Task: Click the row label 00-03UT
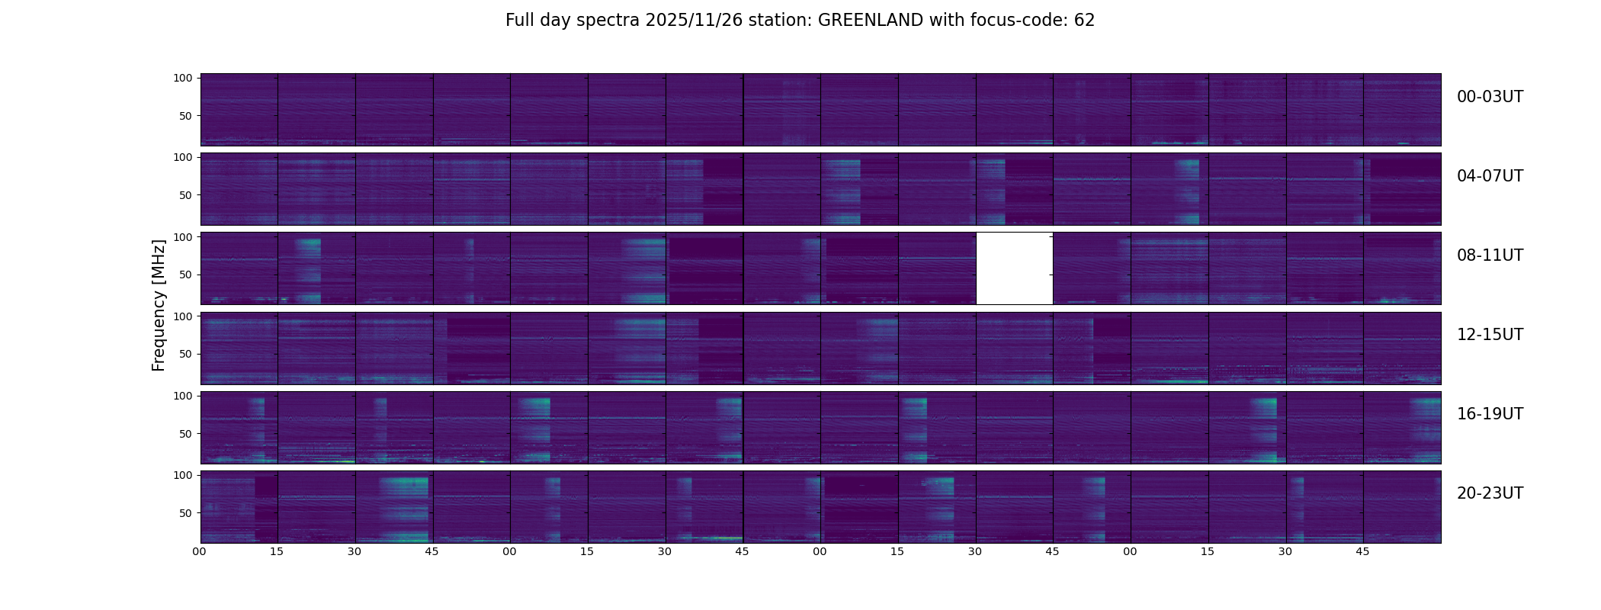coord(1490,97)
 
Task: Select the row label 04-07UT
coord(1490,176)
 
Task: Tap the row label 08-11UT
coord(1490,255)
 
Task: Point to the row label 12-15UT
coord(1490,335)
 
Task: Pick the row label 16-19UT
coord(1490,414)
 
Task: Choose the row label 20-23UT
coord(1490,493)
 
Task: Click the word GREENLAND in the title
coord(870,21)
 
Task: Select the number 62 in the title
coord(1084,21)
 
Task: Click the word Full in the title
coord(521,21)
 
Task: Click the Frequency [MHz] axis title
coord(159,305)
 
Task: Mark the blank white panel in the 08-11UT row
coord(1014,268)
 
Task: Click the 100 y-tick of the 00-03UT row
coord(183,78)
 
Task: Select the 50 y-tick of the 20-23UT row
coord(186,513)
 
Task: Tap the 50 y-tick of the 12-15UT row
coord(186,355)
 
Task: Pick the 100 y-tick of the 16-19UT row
coord(183,396)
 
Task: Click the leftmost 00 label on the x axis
coord(200,551)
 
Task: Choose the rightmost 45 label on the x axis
coord(1362,551)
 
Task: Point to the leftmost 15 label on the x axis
coord(277,551)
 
